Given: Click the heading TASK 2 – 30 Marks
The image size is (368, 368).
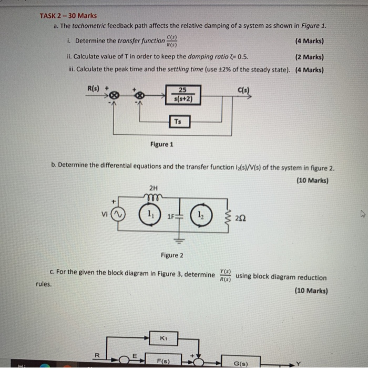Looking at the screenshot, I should point(68,16).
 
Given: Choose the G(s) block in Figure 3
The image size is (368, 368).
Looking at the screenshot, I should point(240,363).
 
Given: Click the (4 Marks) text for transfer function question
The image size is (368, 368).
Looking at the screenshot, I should point(310,41).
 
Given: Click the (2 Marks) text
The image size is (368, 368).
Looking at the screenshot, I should point(310,57).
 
